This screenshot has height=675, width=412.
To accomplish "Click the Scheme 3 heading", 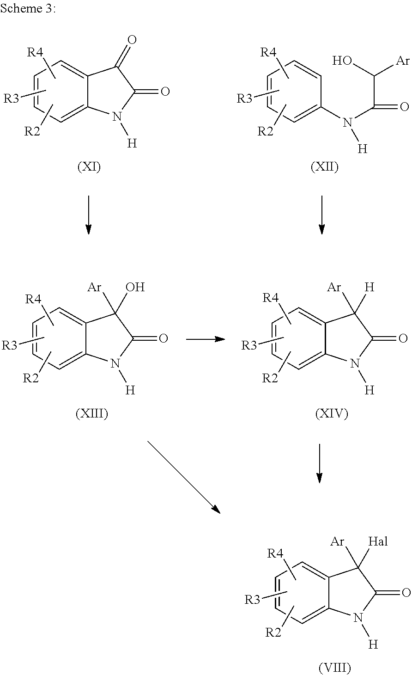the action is tap(28, 8).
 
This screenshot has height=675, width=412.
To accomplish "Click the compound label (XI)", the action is tap(89, 166).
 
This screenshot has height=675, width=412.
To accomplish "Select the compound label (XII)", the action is tap(324, 166).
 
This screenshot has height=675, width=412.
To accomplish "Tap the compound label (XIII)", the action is tap(92, 414).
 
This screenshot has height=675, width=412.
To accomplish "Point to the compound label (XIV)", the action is tap(332, 414).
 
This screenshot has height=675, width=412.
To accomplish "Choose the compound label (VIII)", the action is tap(334, 668).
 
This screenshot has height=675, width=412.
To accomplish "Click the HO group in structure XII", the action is tap(342, 61).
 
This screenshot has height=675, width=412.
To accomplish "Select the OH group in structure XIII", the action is tap(135, 287).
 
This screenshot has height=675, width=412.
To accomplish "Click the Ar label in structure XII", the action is tap(403, 61).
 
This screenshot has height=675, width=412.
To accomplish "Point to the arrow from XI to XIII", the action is tap(89, 215).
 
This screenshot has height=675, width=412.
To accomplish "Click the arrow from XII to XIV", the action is tap(322, 215).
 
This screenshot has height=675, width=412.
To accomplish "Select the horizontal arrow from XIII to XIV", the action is tap(206, 339).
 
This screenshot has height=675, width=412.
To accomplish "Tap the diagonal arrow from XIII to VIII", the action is tap(184, 477).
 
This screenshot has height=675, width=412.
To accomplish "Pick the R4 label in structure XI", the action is tap(35, 53).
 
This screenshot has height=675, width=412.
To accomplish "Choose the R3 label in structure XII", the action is tap(244, 98).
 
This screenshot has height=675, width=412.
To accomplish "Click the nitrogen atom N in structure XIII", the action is tap(115, 363).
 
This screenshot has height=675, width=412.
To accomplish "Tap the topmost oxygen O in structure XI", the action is tap(132, 39).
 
